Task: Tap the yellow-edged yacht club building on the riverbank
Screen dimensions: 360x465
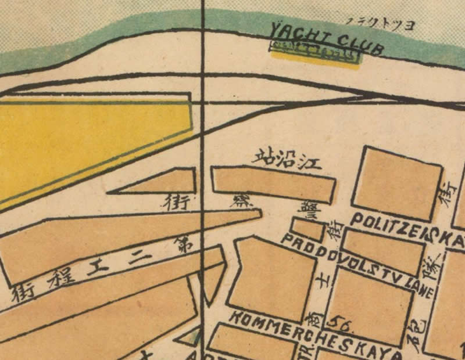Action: coord(314,54)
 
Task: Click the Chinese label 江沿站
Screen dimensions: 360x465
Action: coord(287,159)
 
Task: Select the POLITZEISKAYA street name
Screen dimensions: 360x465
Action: coord(407,229)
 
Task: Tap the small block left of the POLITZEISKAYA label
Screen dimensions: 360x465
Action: coord(307,228)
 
